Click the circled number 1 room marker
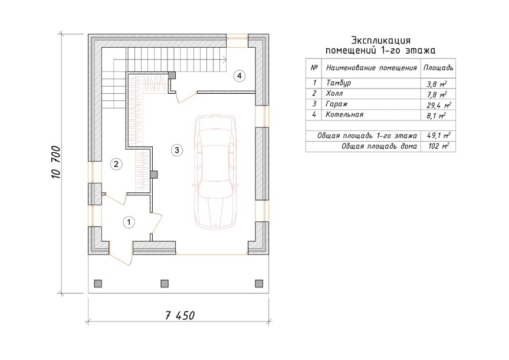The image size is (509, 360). point(129,222)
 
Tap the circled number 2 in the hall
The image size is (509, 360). point(116,164)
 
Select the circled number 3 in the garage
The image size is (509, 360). point(177,150)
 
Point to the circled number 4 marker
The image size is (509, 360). point(239,76)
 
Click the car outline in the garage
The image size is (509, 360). point(215,172)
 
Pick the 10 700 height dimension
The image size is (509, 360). point(56,162)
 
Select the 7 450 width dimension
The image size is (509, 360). point(180,316)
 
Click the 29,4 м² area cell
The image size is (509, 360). point(439,105)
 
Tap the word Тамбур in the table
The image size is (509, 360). point(339,83)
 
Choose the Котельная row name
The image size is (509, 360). point(345,114)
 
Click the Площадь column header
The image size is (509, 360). point(438,68)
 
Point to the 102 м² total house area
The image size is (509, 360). point(439,146)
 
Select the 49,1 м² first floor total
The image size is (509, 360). point(439,135)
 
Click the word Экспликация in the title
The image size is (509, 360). point(381,41)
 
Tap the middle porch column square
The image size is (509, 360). point(165,284)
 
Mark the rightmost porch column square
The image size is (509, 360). point(259,284)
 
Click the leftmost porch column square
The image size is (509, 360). point(98,284)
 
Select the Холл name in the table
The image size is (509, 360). point(334,94)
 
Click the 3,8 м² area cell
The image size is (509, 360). point(437,84)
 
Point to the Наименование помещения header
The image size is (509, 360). point(372,68)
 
